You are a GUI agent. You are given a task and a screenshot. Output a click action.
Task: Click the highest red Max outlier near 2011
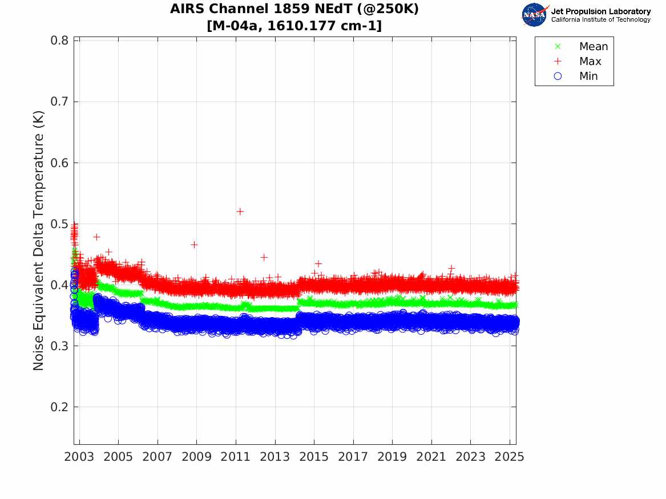pos(240,212)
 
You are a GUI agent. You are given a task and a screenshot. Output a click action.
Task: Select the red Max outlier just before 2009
pos(194,245)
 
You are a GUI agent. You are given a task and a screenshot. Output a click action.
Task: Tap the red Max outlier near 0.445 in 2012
pos(264,257)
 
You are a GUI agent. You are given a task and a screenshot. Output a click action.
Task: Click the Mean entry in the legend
pos(593,47)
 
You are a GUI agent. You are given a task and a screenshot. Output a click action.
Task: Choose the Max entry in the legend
pos(590,62)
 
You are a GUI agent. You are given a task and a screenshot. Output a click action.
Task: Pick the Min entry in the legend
pos(588,76)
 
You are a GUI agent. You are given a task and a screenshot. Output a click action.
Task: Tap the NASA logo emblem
pos(535,15)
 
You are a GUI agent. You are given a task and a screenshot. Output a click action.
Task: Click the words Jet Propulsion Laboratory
pos(600,11)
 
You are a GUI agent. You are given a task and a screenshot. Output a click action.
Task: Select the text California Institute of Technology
pos(600,20)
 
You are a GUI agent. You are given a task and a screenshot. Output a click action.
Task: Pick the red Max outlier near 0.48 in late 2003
pos(96,237)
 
